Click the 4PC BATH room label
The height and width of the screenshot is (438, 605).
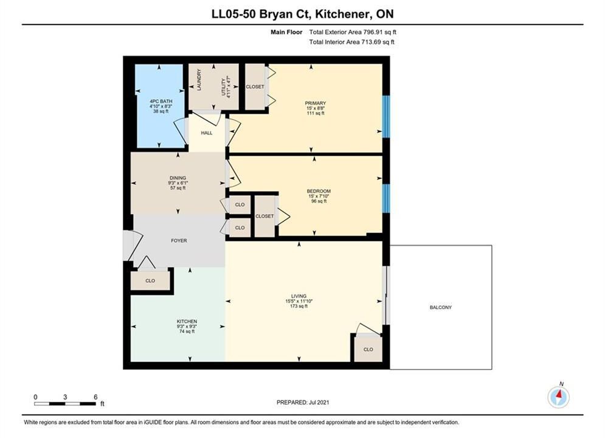tap(161, 101)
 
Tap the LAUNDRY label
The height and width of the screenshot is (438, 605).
tap(199, 80)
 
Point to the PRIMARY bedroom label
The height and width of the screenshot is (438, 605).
tap(315, 103)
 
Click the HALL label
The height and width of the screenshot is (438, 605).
tap(206, 133)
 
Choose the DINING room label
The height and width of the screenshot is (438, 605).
tap(178, 178)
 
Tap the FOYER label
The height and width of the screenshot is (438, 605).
tap(179, 240)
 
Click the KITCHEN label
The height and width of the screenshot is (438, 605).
tap(187, 321)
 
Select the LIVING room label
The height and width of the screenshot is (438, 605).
tap(299, 296)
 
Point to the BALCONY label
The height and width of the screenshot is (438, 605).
tap(441, 307)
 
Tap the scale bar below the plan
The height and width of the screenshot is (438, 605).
tap(65, 404)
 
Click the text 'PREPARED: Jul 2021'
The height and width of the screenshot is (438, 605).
tap(303, 402)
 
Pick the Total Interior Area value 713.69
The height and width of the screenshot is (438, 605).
tap(371, 42)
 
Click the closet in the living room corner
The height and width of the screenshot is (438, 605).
tap(368, 349)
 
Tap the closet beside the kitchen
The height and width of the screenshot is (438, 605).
tap(150, 280)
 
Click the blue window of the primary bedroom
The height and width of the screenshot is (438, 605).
tap(386, 117)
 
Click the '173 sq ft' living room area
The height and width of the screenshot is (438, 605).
tap(299, 306)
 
